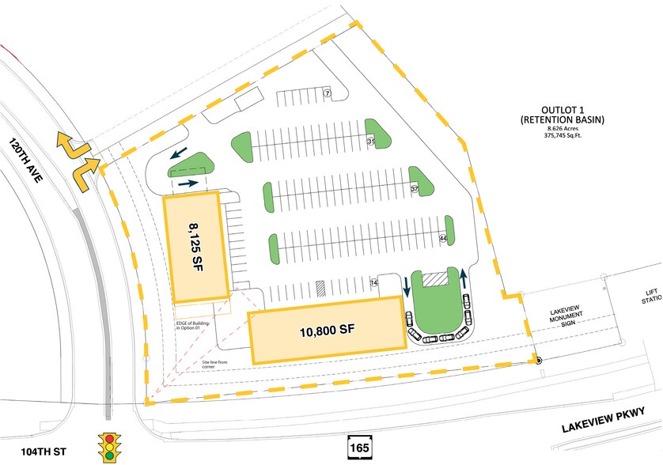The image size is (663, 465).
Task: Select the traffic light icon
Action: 109,445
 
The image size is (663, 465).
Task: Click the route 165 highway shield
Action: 356,447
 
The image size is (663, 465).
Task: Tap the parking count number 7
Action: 326,94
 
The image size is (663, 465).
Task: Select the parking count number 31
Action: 370,142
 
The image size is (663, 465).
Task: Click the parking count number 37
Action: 414,190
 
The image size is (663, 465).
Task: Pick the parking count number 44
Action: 442,238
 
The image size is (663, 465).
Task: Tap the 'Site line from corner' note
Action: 222,365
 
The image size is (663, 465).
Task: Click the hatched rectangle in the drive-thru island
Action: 434,279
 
